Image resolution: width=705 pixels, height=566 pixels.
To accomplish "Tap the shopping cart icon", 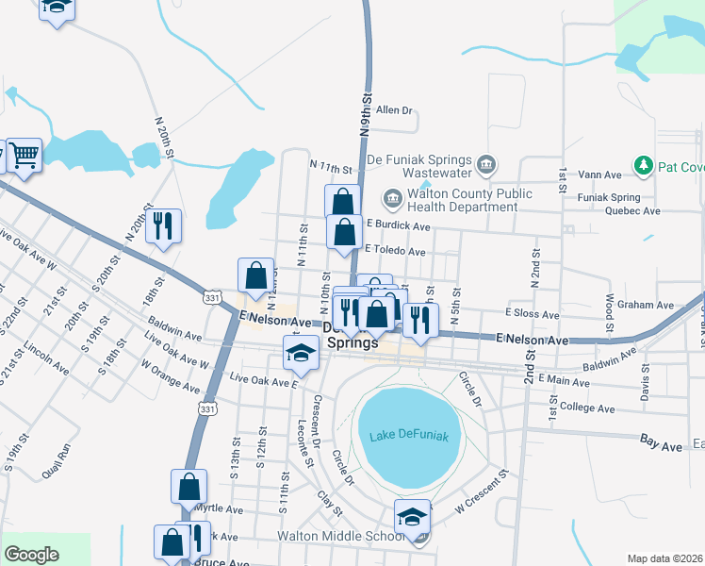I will tap(25, 155).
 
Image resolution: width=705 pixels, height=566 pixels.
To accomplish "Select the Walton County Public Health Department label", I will tap(462, 200).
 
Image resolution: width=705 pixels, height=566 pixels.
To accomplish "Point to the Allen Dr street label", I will tap(395, 110).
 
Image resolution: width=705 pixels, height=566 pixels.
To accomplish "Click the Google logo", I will tap(32, 555).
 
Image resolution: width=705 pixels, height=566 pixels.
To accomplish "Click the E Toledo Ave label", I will tap(395, 252).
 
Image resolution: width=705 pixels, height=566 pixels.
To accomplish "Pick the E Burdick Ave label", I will tap(399, 226).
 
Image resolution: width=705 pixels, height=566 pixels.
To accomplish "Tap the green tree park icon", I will tap(645, 167).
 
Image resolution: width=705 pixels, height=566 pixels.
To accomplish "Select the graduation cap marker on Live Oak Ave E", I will tap(301, 354).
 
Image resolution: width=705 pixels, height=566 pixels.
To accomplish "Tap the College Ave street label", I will tap(586, 408).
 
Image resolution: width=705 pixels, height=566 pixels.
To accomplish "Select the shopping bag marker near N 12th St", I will tap(255, 275).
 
